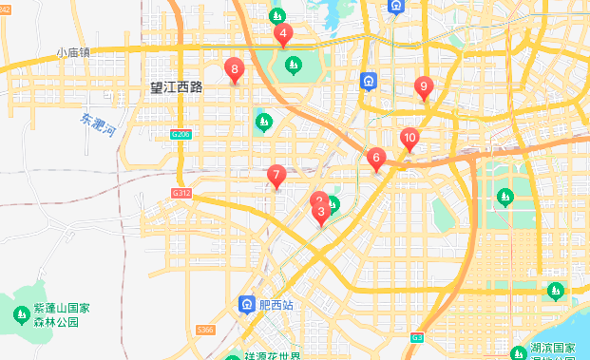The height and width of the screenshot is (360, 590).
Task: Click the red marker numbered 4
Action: point(283,35)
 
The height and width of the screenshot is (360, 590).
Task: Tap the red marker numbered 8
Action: point(233,69)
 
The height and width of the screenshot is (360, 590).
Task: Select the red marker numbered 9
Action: point(425,87)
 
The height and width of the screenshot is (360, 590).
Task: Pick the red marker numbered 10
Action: point(409,139)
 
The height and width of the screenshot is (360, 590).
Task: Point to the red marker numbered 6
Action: point(376,159)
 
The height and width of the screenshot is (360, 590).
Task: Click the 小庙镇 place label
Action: point(72,53)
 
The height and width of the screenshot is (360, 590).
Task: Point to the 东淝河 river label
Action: point(98,125)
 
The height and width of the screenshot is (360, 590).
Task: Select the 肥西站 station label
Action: point(276,305)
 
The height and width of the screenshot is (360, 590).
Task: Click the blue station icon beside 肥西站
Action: point(246,304)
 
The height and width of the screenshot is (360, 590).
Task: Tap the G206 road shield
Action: point(181,135)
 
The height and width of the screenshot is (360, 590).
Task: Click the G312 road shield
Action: point(181,193)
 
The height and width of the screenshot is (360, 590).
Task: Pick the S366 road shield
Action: point(206,330)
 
